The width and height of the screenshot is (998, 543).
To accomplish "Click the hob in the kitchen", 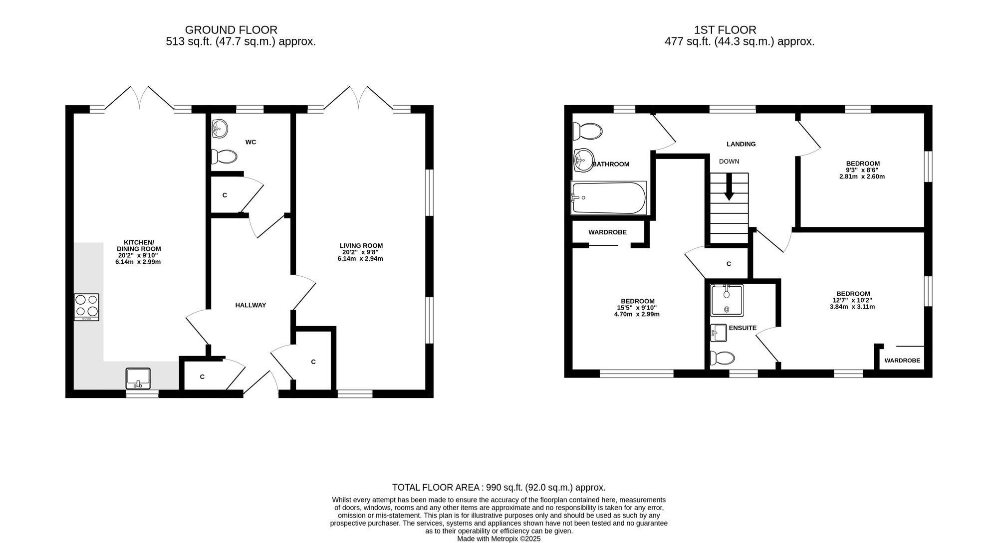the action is click(x=86, y=307).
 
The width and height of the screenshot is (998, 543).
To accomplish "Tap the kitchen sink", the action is click(x=138, y=378).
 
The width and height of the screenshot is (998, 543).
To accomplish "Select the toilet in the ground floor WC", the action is click(x=224, y=157).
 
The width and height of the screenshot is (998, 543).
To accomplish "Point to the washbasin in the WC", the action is click(x=220, y=128).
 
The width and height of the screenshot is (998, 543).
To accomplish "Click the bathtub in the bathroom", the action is click(x=609, y=198).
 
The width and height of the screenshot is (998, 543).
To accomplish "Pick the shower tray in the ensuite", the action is click(x=727, y=300).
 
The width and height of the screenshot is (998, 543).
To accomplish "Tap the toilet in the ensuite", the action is click(x=722, y=358).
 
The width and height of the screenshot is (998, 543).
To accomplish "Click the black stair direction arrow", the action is click(x=729, y=187).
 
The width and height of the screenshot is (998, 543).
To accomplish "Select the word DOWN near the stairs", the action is click(x=729, y=162).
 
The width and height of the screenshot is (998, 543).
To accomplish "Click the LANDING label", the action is click(x=741, y=144).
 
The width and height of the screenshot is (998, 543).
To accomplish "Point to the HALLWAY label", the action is click(x=250, y=305).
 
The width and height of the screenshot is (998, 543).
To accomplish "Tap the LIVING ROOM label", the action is click(x=361, y=245).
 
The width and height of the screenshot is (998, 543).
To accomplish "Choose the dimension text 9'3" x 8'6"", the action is click(x=863, y=170).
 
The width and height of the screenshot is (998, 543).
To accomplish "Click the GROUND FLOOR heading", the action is click(x=231, y=30).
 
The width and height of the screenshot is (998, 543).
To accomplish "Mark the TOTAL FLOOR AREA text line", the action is click(x=499, y=488).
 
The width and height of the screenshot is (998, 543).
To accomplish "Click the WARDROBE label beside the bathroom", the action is click(x=607, y=232).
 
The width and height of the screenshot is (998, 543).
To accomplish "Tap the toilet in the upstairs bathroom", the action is click(x=587, y=132).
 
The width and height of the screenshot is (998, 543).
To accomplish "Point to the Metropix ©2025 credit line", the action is click(x=499, y=539).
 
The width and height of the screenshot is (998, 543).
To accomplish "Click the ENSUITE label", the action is click(x=743, y=328).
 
